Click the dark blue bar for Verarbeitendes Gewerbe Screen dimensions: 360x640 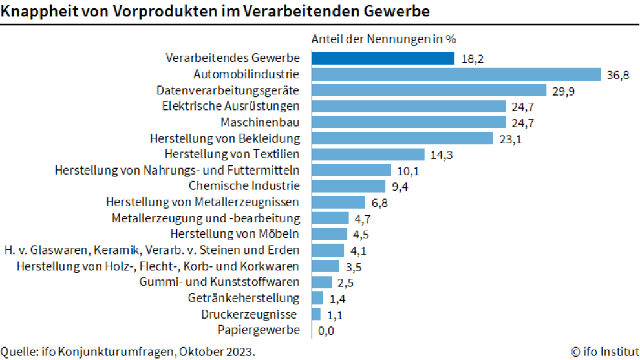coord(383,58)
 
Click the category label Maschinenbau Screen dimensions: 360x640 coord(260,122)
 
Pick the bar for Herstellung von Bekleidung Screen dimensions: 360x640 coord(402,138)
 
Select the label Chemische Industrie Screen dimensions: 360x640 coord(253,186)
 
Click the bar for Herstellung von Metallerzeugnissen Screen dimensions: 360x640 coord(338,202)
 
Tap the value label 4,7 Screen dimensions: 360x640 coord(362,218)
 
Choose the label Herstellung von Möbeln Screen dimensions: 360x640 coord(235,234)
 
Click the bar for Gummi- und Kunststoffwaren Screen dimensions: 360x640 coord(321,282)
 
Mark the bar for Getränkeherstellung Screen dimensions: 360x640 coord(317,298)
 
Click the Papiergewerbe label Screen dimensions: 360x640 coord(259,330)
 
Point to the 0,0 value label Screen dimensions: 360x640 coord(326,330)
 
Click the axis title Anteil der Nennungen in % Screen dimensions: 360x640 coord(384,39)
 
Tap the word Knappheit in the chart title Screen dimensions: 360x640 coord(36,12)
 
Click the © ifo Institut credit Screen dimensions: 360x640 coord(604,352)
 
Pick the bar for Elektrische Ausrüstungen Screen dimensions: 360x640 coord(409,106)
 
